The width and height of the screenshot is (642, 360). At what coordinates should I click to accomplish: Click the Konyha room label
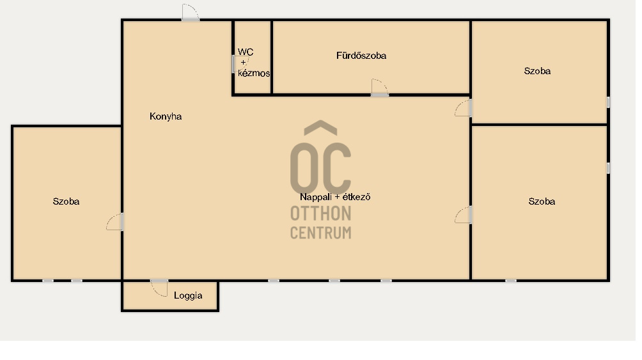click(166, 117)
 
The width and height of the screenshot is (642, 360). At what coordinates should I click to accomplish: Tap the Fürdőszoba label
click(361, 56)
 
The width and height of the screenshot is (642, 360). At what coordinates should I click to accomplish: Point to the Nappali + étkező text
click(335, 197)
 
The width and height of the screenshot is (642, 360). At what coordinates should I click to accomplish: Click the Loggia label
click(188, 295)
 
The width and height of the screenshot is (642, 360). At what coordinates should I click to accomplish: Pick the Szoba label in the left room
click(66, 201)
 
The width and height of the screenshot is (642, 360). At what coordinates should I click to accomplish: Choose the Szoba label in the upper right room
click(537, 71)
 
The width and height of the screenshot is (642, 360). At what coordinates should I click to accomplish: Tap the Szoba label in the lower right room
click(542, 201)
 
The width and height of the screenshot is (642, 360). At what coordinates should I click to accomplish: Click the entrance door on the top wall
click(191, 12)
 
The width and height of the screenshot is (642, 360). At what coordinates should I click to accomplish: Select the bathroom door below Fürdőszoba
click(380, 88)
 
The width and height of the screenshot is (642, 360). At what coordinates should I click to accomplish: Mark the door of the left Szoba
click(115, 222)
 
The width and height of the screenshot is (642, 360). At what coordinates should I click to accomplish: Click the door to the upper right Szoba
click(463, 107)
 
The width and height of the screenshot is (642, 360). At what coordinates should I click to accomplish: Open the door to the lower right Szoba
click(463, 215)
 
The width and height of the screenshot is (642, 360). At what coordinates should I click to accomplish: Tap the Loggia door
click(159, 288)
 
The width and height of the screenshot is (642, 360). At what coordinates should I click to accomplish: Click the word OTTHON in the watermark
click(320, 214)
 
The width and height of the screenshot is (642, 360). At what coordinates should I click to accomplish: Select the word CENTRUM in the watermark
click(320, 233)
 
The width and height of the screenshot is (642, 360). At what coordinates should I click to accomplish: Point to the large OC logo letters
click(320, 168)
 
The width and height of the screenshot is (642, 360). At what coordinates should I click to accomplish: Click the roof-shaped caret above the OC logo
click(320, 127)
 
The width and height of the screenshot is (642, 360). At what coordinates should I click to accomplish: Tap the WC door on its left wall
click(234, 65)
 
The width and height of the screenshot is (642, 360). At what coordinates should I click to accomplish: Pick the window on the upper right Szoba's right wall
click(608, 102)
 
